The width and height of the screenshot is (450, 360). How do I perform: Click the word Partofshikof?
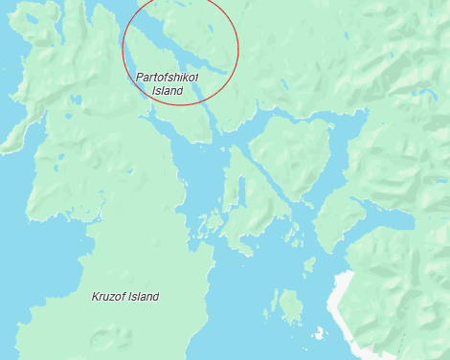(168, 77)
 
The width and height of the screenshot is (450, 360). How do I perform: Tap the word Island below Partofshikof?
(168, 91)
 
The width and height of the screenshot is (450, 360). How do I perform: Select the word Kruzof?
(108, 297)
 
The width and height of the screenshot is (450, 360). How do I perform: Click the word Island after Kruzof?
(144, 297)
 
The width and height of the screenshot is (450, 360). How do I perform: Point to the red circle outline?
(236, 48)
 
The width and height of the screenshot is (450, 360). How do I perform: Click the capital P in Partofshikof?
(140, 77)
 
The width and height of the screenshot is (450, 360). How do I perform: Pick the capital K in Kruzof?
(95, 297)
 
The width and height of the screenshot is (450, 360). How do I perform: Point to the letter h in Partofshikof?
(177, 77)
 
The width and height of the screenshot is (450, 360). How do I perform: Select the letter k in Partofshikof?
(186, 77)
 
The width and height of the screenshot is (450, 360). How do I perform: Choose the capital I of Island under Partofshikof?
(154, 91)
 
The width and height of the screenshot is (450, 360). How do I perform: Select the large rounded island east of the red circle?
(292, 153)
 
